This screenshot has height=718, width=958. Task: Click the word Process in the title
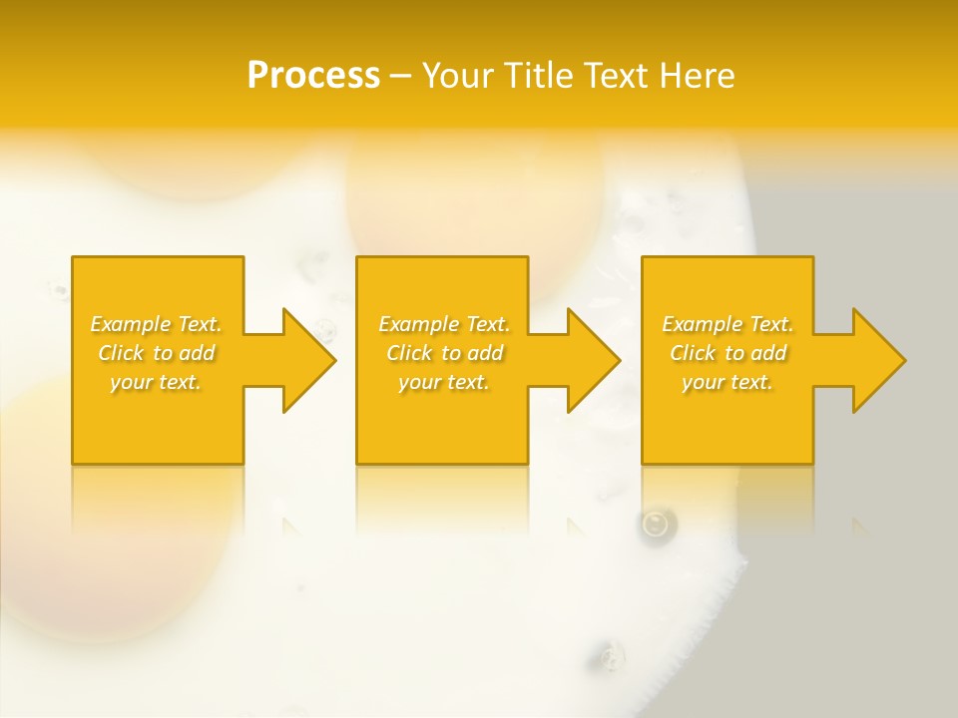click(313, 76)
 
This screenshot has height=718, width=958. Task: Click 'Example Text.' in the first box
click(156, 324)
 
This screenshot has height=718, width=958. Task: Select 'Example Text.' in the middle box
click(444, 324)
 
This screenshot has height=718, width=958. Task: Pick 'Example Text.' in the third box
click(727, 324)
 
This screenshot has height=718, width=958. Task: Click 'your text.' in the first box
click(156, 382)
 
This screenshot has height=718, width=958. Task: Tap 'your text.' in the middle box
click(444, 382)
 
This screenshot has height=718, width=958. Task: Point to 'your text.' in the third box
click(727, 382)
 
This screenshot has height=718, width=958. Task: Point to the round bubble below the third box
click(657, 524)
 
